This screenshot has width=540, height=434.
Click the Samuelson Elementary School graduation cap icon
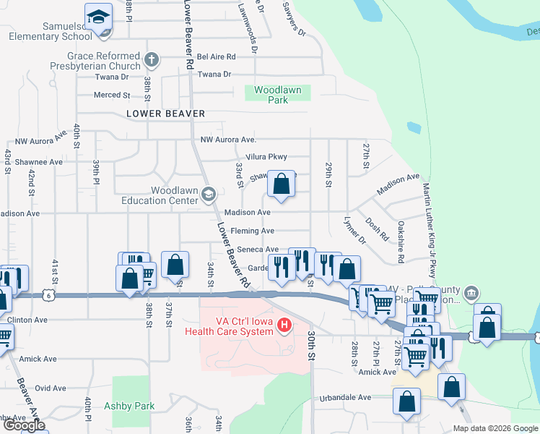[x=98, y=17]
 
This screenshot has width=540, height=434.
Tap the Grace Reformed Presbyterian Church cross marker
[x=151, y=59]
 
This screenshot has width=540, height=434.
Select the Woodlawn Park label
[x=278, y=95]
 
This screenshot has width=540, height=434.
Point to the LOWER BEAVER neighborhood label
[x=165, y=114]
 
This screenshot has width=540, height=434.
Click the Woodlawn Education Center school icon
[x=209, y=193]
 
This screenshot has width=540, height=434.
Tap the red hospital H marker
[x=284, y=326]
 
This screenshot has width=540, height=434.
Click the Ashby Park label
[x=129, y=406]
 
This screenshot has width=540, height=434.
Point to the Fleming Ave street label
[x=252, y=231]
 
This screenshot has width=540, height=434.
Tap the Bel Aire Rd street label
[x=217, y=56]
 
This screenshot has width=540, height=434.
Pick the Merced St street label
[x=112, y=95]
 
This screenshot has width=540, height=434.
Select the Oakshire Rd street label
[x=401, y=242]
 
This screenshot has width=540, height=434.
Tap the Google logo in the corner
[x=24, y=425]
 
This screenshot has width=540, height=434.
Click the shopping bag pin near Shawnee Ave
[x=282, y=184]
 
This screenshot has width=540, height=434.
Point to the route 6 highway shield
[x=48, y=295]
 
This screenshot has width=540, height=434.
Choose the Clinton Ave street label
[x=27, y=320]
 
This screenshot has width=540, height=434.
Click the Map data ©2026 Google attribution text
[x=495, y=428]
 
